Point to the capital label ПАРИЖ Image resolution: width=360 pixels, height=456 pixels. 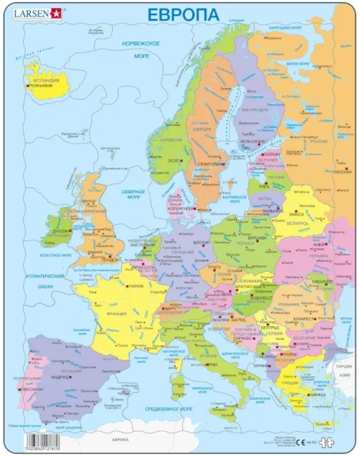click(x=136, y=285)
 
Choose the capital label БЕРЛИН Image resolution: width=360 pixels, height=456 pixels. click(x=201, y=241)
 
